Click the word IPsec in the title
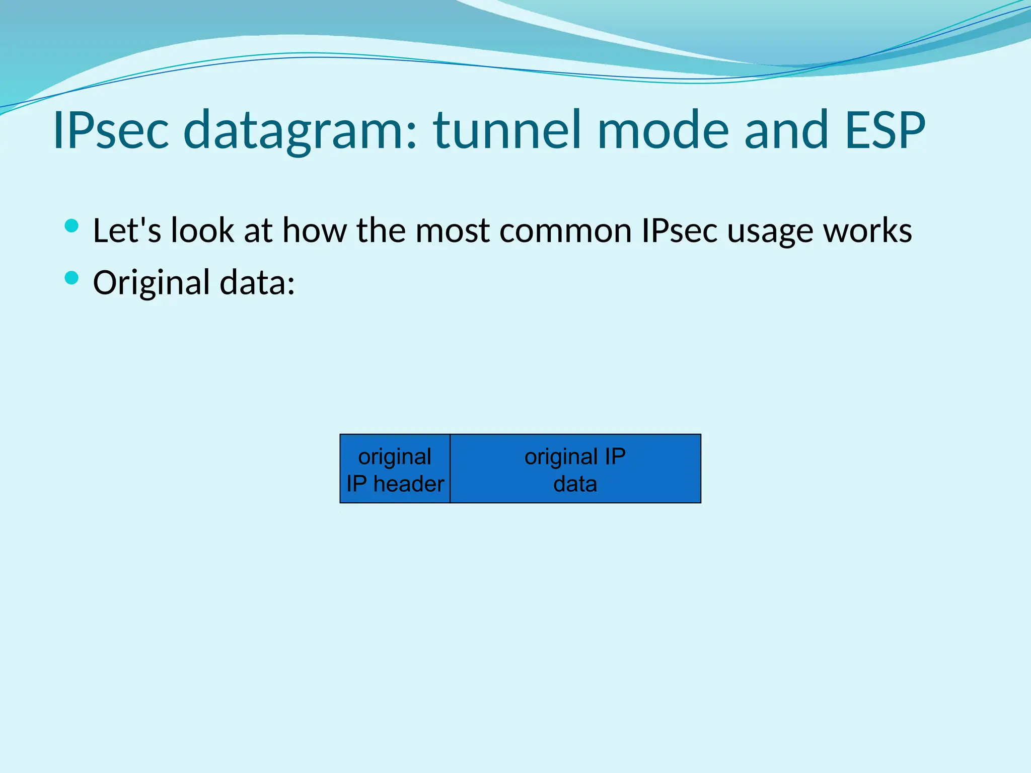click(111, 131)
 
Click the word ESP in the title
click(885, 131)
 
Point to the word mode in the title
click(662, 131)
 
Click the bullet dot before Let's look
click(72, 225)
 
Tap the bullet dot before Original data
click(72, 278)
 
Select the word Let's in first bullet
click(127, 230)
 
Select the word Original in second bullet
click(151, 283)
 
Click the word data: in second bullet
click(257, 283)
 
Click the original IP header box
click(395, 469)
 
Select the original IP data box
click(575, 469)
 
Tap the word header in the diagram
click(409, 484)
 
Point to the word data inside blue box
click(575, 484)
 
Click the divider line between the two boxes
click(450, 469)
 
